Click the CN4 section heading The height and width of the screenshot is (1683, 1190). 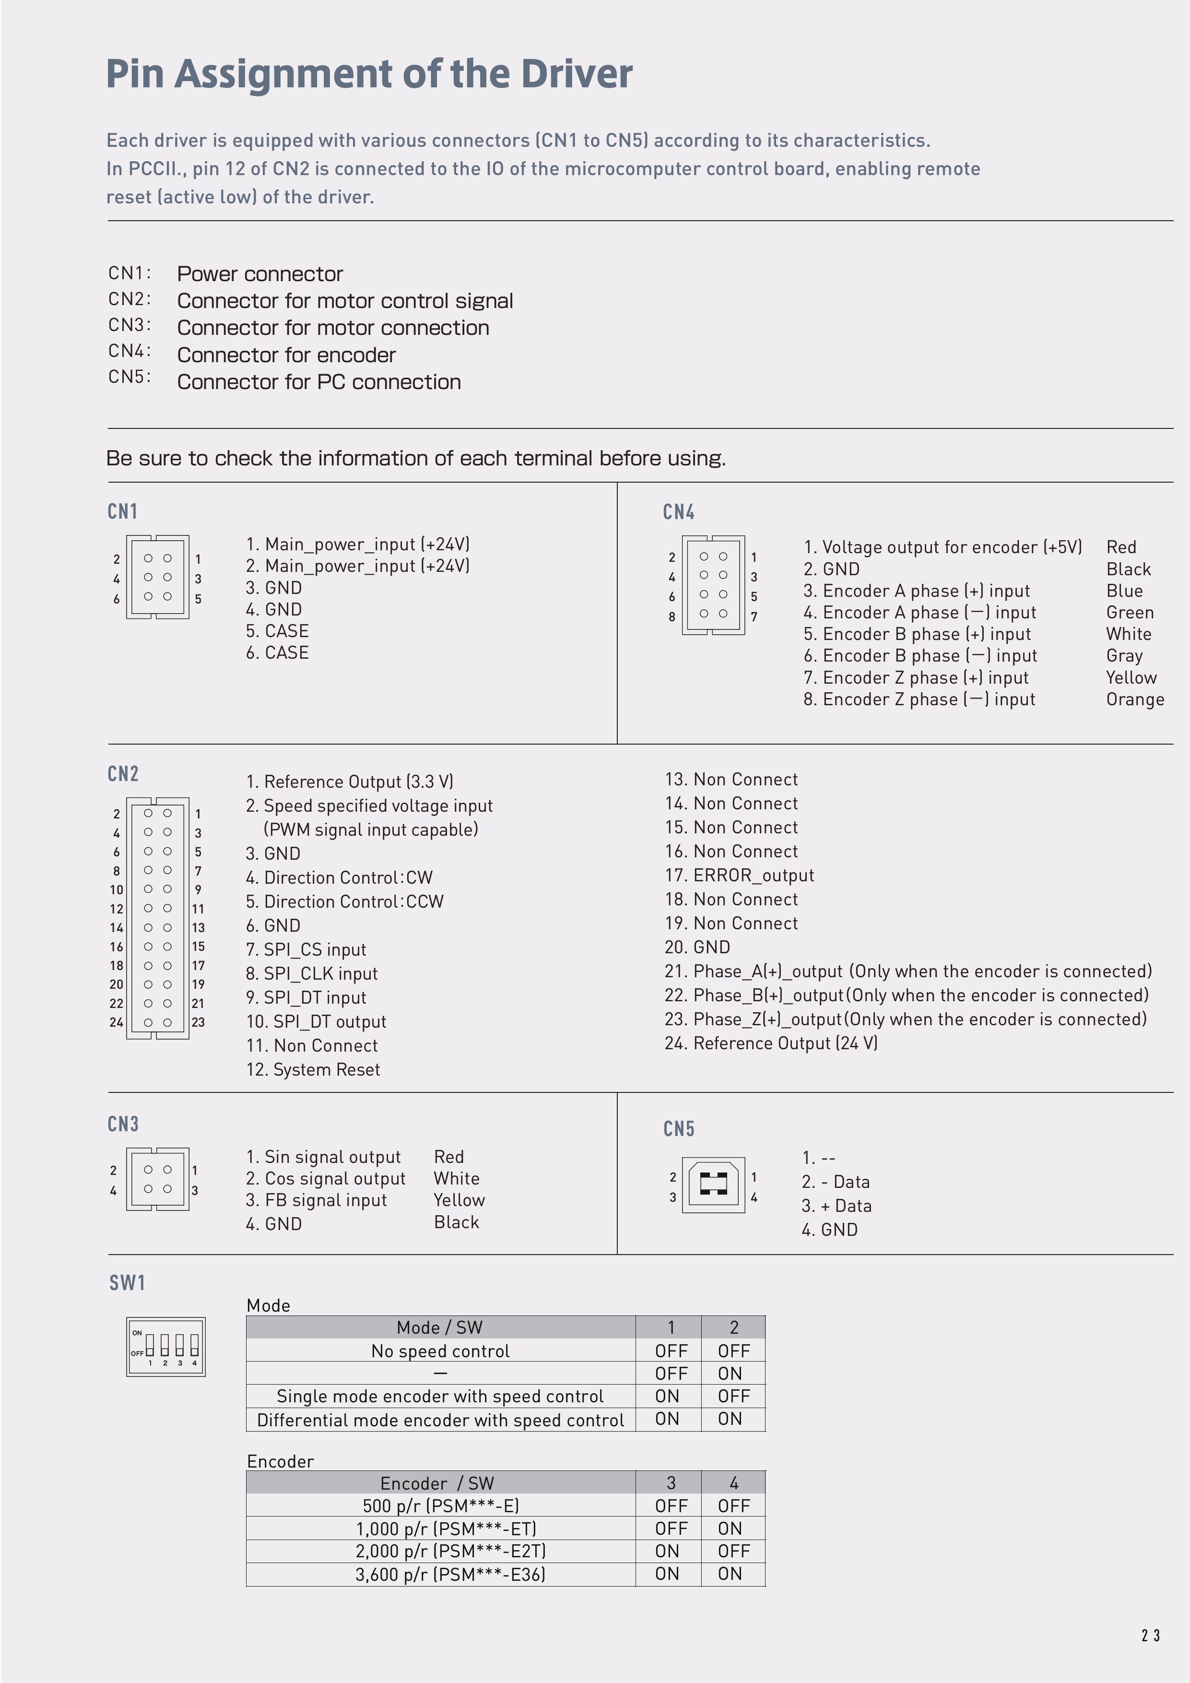(679, 511)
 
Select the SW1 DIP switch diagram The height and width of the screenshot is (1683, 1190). (165, 1347)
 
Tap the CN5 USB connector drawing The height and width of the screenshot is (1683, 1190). (713, 1185)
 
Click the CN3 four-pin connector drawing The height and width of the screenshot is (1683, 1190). (157, 1179)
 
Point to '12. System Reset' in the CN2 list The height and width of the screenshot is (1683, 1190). (313, 1069)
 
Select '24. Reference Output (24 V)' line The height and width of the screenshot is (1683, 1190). (771, 1043)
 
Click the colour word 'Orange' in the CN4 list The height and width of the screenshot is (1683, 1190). (1134, 699)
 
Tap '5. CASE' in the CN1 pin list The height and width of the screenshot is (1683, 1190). (277, 631)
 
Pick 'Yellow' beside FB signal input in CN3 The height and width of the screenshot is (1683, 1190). (459, 1200)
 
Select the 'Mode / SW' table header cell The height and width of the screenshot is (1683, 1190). (440, 1327)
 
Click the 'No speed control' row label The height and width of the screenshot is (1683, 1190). (440, 1351)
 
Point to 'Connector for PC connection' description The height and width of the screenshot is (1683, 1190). (319, 382)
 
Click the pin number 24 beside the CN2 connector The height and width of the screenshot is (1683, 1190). (116, 1022)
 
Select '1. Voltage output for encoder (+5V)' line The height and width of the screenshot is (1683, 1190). (943, 547)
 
